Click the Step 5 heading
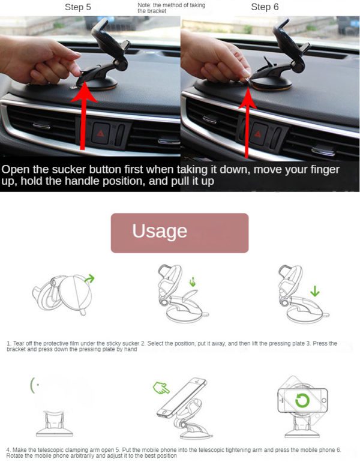point(78,7)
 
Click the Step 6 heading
point(265,7)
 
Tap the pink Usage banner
point(180,233)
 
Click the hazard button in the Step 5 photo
point(101,134)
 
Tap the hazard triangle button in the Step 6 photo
point(259,134)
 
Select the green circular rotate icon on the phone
point(302,400)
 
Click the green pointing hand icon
point(161,388)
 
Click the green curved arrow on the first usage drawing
point(89,278)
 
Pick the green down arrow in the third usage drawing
point(315,291)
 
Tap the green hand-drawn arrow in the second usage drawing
point(193,281)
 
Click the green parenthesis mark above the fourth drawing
point(32,385)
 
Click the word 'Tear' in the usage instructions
point(19,344)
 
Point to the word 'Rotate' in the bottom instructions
point(14,455)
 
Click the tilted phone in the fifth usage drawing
point(182,397)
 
